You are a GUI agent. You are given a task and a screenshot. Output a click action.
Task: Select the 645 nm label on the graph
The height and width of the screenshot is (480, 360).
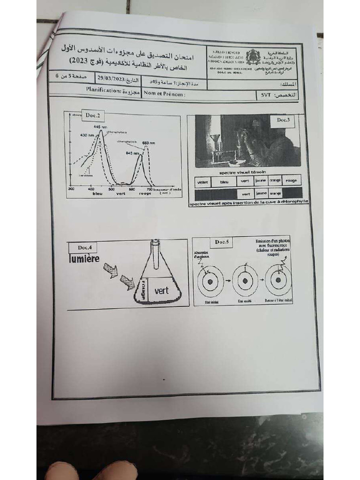point(132,153)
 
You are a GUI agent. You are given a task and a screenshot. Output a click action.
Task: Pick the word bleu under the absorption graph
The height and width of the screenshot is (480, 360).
point(97,193)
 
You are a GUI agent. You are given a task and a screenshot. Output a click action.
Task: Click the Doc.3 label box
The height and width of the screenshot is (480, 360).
point(283,120)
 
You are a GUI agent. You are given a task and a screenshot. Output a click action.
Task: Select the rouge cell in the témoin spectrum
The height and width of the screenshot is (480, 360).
point(292,180)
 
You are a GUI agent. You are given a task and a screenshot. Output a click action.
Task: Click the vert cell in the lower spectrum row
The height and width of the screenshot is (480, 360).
point(244,193)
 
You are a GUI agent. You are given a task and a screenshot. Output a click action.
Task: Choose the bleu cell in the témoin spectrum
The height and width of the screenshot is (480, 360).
point(224,181)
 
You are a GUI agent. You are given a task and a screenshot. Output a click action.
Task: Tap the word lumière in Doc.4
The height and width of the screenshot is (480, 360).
point(84,258)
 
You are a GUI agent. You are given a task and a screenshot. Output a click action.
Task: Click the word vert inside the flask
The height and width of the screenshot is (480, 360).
point(161,291)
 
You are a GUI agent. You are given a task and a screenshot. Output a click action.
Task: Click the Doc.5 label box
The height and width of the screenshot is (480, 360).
point(222,242)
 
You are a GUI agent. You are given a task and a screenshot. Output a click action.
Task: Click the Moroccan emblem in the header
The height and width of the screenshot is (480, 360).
point(253,57)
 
